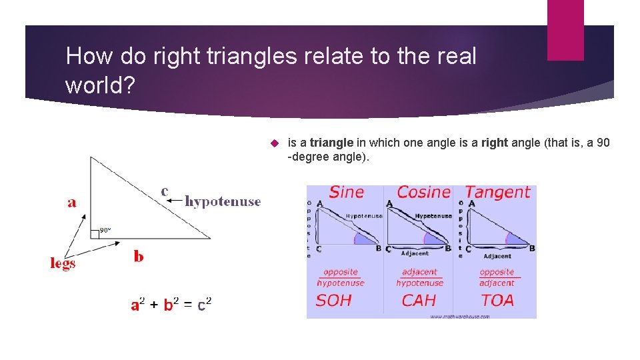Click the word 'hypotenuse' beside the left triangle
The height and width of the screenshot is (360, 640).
223,201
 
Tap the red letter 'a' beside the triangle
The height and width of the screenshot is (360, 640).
72,202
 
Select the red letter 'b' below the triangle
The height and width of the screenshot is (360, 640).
138,257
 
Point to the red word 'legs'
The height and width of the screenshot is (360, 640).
63,263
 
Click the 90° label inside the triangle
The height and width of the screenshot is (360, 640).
105,230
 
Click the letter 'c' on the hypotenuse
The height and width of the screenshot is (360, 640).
165,191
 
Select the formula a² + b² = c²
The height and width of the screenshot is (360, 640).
171,305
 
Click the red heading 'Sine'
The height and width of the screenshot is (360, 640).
347,193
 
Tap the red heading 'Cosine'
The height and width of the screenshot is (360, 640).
424,193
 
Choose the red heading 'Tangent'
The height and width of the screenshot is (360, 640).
498,193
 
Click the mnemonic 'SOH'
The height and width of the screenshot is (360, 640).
334,301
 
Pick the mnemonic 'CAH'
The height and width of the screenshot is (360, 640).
418,301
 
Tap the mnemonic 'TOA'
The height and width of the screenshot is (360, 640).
497,301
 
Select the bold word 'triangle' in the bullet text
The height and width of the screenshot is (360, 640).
331,143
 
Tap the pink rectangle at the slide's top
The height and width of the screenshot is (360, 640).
565,29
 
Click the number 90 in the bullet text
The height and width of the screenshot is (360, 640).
603,143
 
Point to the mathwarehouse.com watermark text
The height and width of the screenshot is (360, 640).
459,316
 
